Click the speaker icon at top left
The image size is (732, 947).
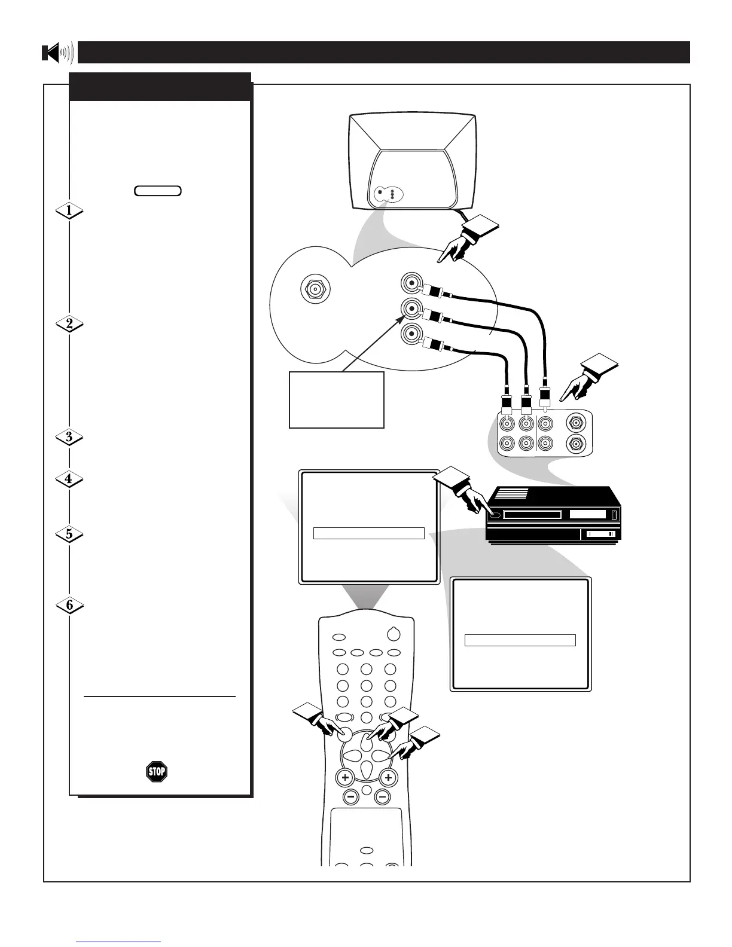click(57, 53)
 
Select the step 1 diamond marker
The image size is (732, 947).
click(69, 210)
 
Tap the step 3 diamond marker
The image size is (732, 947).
click(69, 437)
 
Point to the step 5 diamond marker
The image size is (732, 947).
click(69, 534)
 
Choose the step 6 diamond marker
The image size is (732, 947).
click(69, 606)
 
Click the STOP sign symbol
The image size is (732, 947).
click(157, 772)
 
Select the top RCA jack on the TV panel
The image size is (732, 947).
click(411, 283)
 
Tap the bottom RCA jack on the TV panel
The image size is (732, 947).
click(411, 332)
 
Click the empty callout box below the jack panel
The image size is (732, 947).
click(336, 399)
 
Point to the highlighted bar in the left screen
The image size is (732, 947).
click(368, 533)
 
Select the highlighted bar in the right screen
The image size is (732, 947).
click(520, 640)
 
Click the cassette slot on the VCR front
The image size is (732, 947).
click(532, 515)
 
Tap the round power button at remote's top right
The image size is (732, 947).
click(393, 634)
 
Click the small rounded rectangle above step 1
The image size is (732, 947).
click(158, 191)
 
